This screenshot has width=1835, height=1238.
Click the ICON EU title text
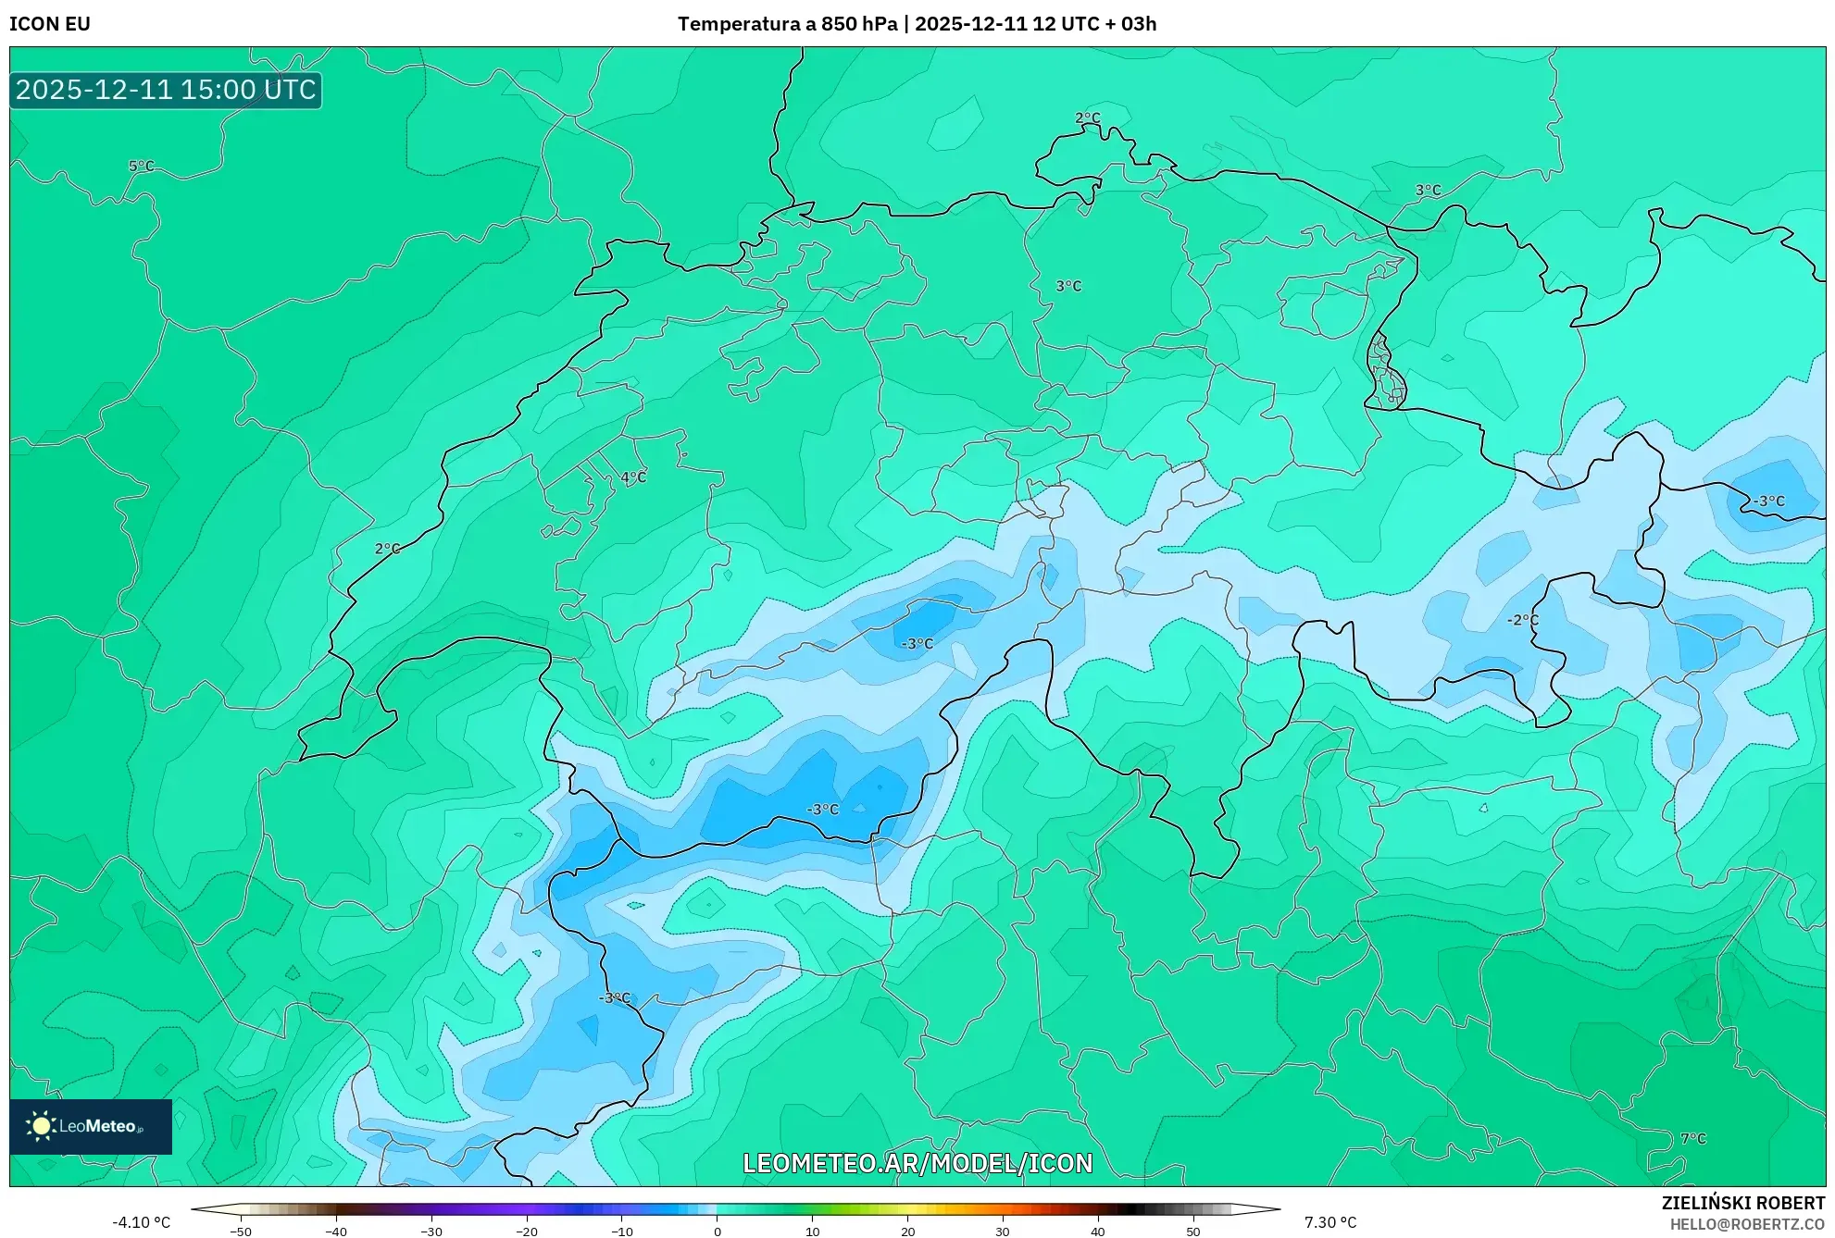pyautogui.click(x=50, y=24)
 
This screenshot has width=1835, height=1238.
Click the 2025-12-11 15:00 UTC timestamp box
pyautogui.click(x=166, y=90)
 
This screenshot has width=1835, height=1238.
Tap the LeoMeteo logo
pyautogui.click(x=91, y=1126)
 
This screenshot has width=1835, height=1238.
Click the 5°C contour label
pyautogui.click(x=141, y=167)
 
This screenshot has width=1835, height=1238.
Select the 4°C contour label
pyautogui.click(x=633, y=477)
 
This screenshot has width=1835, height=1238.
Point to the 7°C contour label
pyautogui.click(x=1692, y=1139)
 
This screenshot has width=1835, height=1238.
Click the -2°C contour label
pyautogui.click(x=1522, y=620)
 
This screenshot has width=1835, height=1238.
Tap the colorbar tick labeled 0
pyautogui.click(x=718, y=1231)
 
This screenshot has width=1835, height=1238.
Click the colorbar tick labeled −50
pyautogui.click(x=241, y=1231)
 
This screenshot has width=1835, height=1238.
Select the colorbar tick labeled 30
pyautogui.click(x=1003, y=1231)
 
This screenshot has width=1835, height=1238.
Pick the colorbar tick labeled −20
pyautogui.click(x=526, y=1231)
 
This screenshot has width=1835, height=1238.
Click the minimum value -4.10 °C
pyautogui.click(x=141, y=1222)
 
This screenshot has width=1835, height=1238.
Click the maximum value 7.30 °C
pyautogui.click(x=1330, y=1222)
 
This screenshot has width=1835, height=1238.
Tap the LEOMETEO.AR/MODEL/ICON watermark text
pyautogui.click(x=917, y=1163)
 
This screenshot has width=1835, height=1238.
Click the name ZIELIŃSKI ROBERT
pyautogui.click(x=1742, y=1203)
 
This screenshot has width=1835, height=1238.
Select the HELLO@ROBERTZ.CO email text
pyautogui.click(x=1746, y=1224)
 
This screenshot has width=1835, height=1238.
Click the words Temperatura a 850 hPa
pyautogui.click(x=787, y=24)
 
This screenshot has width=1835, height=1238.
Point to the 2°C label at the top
pyautogui.click(x=1087, y=118)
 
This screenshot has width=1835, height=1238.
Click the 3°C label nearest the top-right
pyautogui.click(x=1428, y=191)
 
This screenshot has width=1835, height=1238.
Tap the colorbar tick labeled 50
pyautogui.click(x=1193, y=1231)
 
